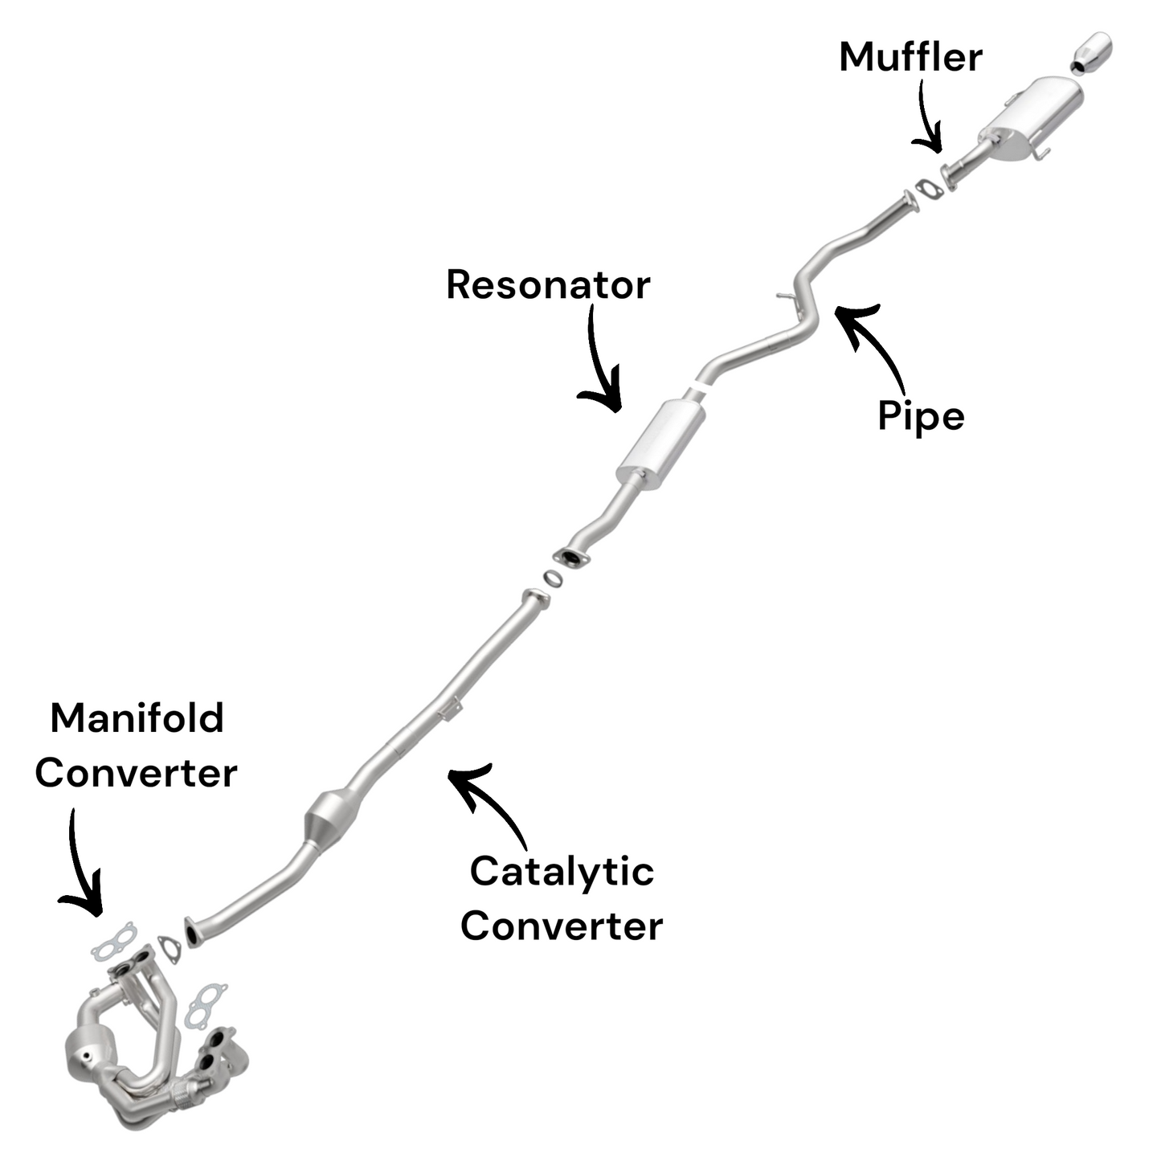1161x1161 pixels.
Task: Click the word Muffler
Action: (910, 58)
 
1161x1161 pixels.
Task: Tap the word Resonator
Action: (548, 285)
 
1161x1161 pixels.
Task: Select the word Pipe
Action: (921, 416)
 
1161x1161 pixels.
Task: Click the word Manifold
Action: (137, 718)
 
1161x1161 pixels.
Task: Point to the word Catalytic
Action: (562, 872)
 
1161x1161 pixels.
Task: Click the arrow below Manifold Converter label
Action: (80, 868)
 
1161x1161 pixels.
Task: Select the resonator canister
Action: (661, 439)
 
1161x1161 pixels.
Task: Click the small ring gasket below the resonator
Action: (552, 578)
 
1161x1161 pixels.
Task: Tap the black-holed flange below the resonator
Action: (571, 557)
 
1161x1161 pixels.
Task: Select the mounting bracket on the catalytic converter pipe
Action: (451, 709)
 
